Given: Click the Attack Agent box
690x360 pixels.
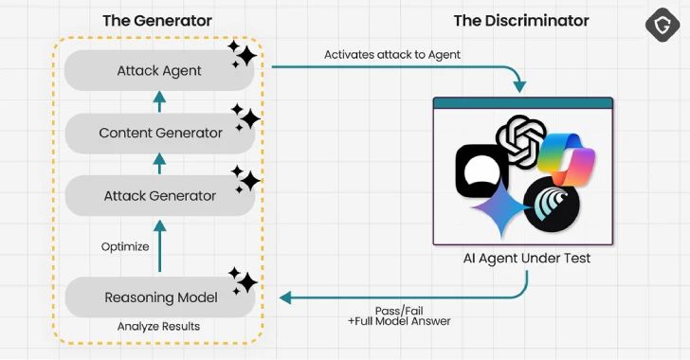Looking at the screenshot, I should point(158,69).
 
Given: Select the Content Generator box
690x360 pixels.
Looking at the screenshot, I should point(158,133).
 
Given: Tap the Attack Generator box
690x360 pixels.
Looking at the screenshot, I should point(158,196).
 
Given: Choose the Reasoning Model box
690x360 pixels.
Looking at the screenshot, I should point(158,297).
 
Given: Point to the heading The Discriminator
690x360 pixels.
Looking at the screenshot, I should point(520,20).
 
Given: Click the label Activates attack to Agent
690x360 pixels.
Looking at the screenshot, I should point(392,55).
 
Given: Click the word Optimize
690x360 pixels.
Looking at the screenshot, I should point(125,246).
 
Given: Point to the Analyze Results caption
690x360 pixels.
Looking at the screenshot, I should point(159,326).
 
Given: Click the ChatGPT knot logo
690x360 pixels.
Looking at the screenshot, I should point(522,140).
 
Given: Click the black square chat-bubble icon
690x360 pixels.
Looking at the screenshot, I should point(481,171).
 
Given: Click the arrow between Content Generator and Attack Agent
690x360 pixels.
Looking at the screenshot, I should point(159,100).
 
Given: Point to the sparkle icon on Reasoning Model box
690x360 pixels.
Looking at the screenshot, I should point(243,280).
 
